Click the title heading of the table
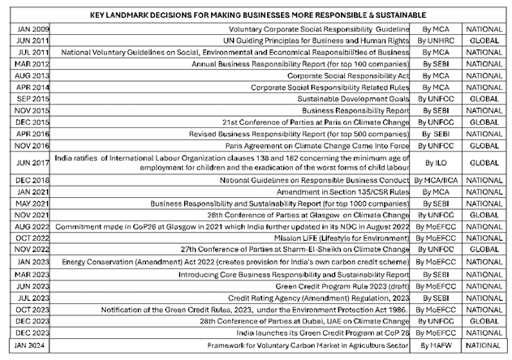coord(255,15)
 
